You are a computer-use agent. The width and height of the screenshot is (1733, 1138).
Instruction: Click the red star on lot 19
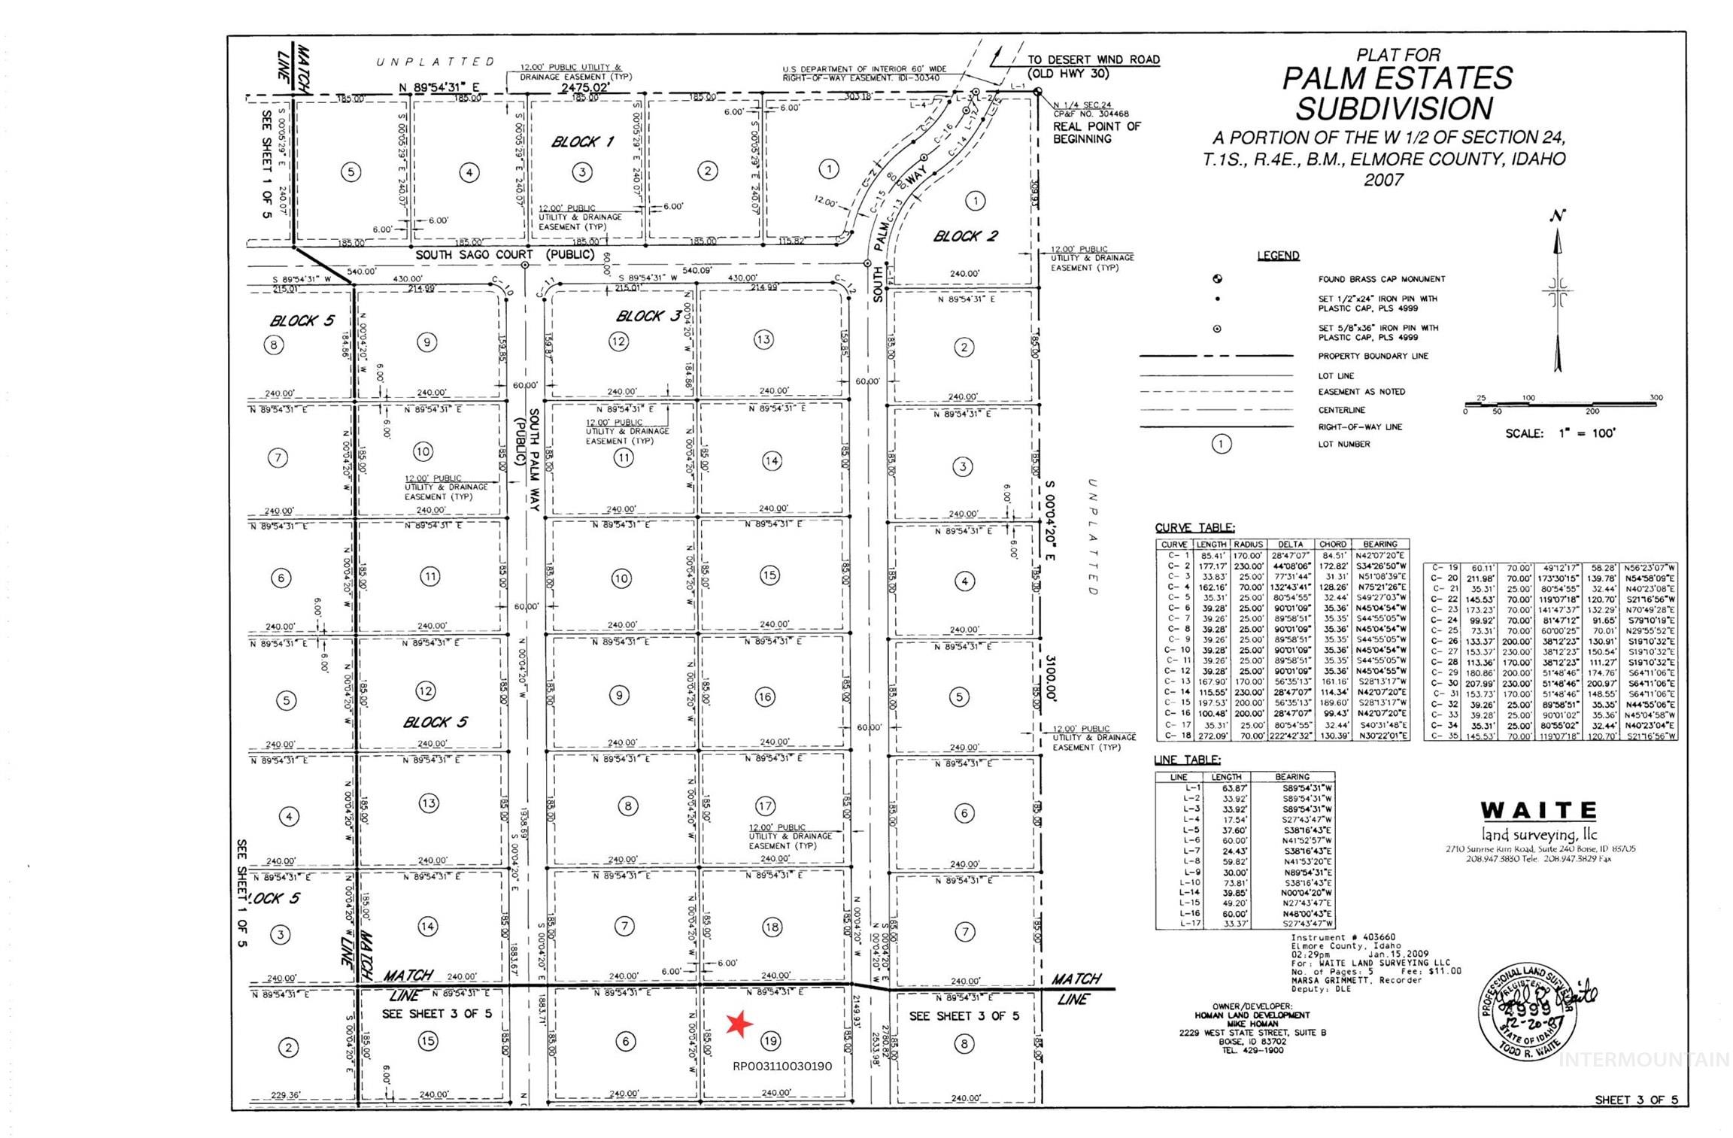[x=739, y=1024]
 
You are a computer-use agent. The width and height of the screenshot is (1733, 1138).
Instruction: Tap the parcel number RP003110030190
[x=782, y=1066]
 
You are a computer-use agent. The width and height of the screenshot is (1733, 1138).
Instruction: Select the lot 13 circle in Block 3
[x=763, y=339]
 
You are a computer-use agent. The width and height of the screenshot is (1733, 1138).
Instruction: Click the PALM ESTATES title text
[x=1397, y=78]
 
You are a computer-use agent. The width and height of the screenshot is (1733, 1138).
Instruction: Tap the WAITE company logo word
[x=1539, y=811]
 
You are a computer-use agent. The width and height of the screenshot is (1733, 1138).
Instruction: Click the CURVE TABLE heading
[x=1194, y=528]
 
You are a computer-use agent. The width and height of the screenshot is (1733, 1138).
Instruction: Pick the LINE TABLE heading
[x=1187, y=760]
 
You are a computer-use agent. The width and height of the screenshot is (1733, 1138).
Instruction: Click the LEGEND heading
[x=1278, y=256]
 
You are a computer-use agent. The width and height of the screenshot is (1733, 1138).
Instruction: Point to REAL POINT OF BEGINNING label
[x=1097, y=132]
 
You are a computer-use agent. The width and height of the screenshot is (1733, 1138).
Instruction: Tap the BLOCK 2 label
[x=965, y=236]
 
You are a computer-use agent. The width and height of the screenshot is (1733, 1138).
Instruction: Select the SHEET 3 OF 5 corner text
[x=1636, y=1100]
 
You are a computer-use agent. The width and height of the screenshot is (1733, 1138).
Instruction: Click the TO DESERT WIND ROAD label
[x=1094, y=59]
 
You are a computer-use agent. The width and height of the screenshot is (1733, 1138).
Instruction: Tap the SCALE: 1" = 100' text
[x=1560, y=433]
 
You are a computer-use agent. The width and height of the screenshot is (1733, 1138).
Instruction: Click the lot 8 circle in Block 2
[x=964, y=1043]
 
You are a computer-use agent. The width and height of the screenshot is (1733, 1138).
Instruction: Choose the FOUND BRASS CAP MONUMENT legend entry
[x=1381, y=279]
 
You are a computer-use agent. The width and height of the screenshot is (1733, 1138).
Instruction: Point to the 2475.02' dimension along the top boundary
[x=584, y=88]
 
